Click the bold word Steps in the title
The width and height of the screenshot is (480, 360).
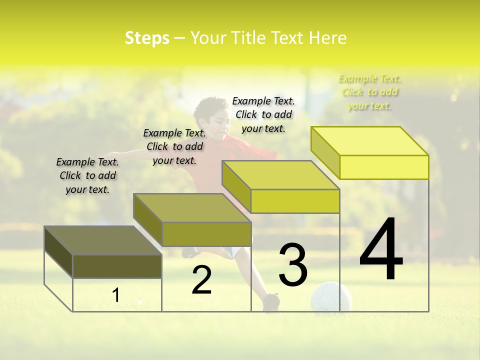tap(147, 38)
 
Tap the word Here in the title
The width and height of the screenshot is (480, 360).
tap(328, 38)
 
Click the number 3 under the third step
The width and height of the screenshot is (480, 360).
tap(293, 264)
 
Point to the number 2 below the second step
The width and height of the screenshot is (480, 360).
tap(202, 280)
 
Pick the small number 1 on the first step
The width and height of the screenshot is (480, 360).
tap(115, 295)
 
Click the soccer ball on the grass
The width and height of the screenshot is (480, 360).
tap(330, 298)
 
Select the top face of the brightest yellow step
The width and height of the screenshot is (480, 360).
tap(370, 140)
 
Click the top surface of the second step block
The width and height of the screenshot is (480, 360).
tap(192, 207)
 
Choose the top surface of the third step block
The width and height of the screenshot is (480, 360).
tap(281, 174)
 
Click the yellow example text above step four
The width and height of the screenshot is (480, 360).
tap(370, 92)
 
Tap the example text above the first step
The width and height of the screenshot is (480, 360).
tap(87, 175)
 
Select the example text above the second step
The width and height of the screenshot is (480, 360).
tap(174, 146)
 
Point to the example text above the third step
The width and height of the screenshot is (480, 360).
tap(263, 114)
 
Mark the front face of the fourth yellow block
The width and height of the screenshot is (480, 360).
tap(384, 167)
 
